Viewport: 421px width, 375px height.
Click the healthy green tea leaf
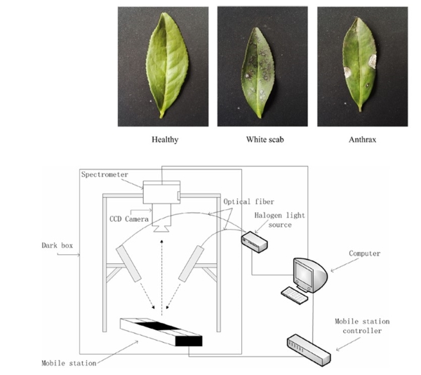[167, 65]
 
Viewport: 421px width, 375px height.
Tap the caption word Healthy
[165, 140]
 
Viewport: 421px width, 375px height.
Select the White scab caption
[265, 140]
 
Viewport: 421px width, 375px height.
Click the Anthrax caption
[362, 140]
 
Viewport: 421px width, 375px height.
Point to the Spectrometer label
[105, 175]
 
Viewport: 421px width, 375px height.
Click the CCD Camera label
[129, 219]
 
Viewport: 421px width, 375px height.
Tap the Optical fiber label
[248, 202]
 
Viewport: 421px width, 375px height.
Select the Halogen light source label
[279, 220]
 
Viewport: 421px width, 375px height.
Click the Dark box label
[58, 246]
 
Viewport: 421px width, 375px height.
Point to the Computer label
[364, 254]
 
